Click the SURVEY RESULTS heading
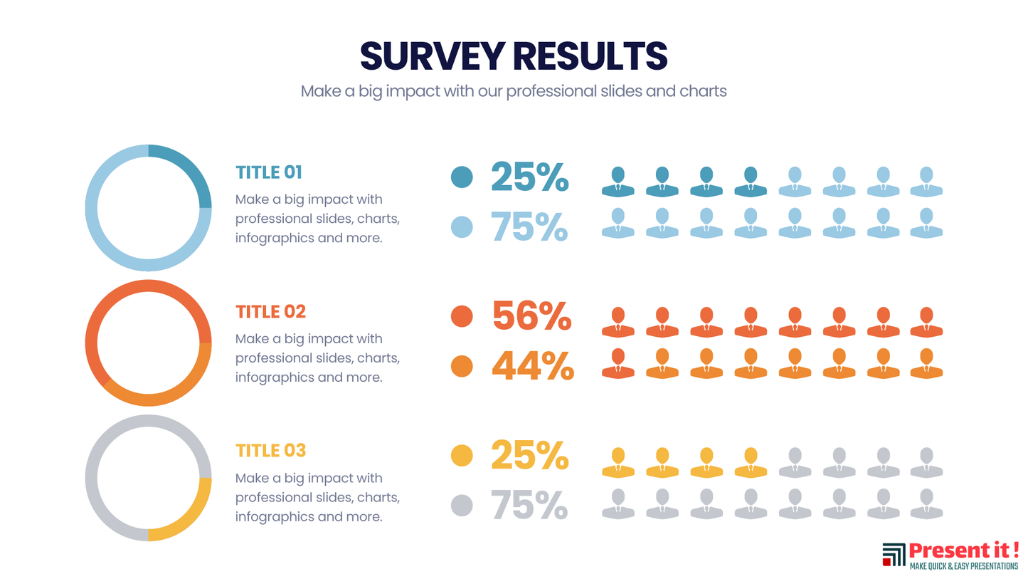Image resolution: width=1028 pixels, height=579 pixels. (514, 56)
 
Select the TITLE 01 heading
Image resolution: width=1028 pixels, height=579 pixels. (269, 172)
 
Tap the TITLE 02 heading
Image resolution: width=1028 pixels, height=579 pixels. (270, 312)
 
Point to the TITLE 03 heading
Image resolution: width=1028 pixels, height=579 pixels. (270, 451)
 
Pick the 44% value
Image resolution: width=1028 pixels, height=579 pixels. (532, 366)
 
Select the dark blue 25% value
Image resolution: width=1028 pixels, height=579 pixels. (529, 177)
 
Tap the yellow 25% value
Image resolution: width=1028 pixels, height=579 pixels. (529, 455)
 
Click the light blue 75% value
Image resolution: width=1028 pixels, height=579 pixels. (529, 226)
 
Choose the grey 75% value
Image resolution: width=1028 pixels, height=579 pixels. (529, 505)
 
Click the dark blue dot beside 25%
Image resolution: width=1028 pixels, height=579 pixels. (462, 177)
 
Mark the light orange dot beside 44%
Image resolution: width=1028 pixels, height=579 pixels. (462, 366)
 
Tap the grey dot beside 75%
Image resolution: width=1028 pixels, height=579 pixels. (462, 506)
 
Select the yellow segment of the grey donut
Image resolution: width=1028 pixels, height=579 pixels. (189, 516)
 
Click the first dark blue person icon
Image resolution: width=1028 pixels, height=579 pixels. (618, 182)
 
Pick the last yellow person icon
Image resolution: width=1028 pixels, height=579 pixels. (750, 463)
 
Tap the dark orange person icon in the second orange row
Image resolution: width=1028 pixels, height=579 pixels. (618, 363)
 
